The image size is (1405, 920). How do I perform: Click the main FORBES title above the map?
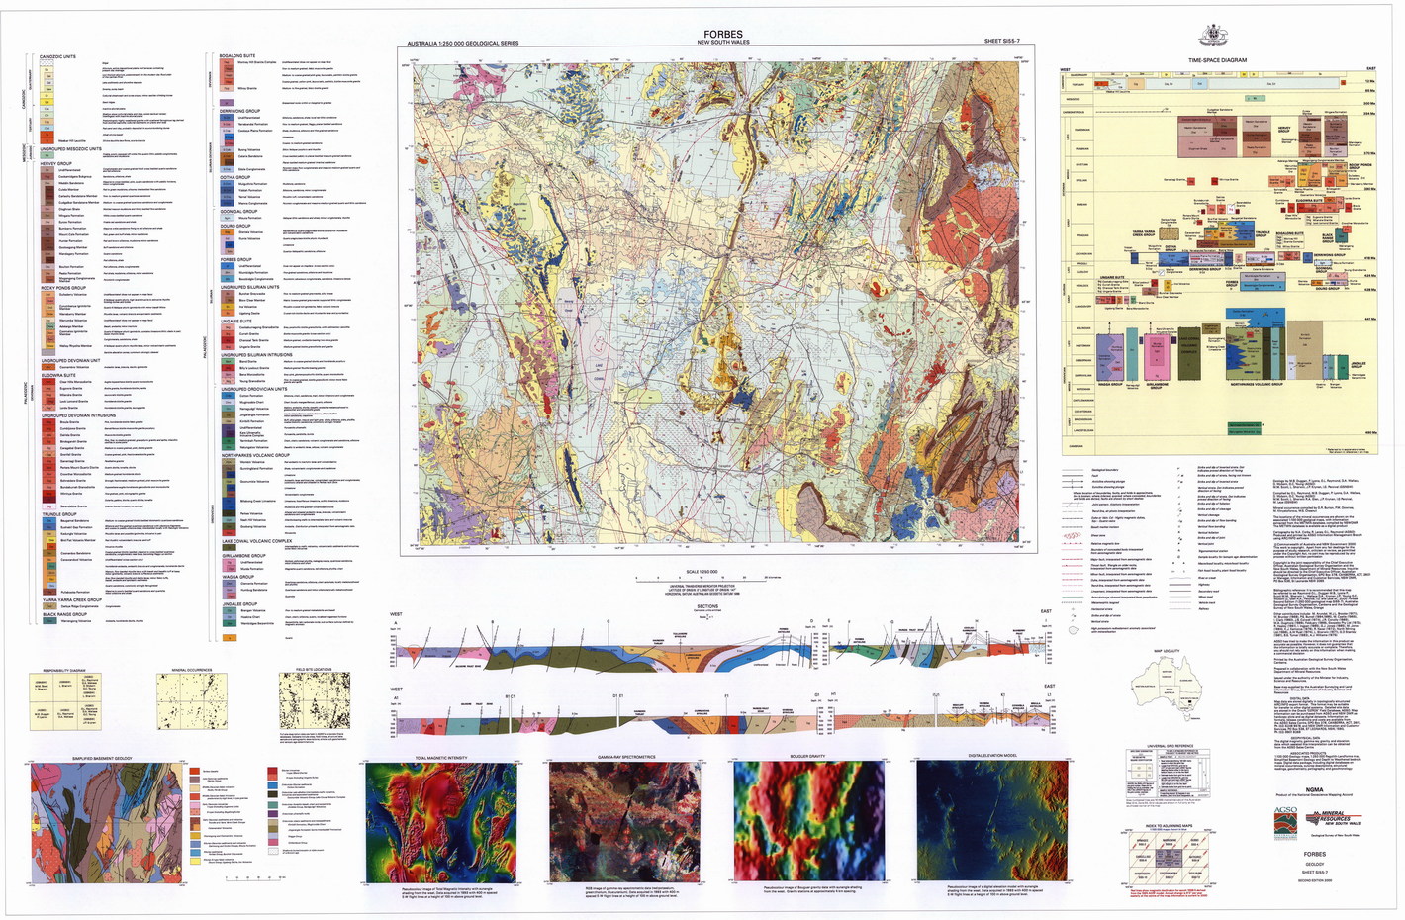click(x=722, y=35)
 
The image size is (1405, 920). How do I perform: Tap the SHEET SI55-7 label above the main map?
click(x=1006, y=43)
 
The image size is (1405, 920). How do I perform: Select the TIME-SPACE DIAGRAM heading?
click(x=1217, y=60)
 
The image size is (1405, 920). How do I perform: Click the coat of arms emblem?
click(x=1216, y=36)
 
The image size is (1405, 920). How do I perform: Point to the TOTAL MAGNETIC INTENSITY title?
click(x=441, y=758)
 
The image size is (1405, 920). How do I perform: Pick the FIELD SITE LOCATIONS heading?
click(x=315, y=670)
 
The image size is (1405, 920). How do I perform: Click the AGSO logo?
click(x=1285, y=816)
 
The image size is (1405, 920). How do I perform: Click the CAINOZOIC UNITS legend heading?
click(x=57, y=56)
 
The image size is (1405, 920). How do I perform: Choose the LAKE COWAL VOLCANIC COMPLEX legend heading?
click(x=256, y=541)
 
